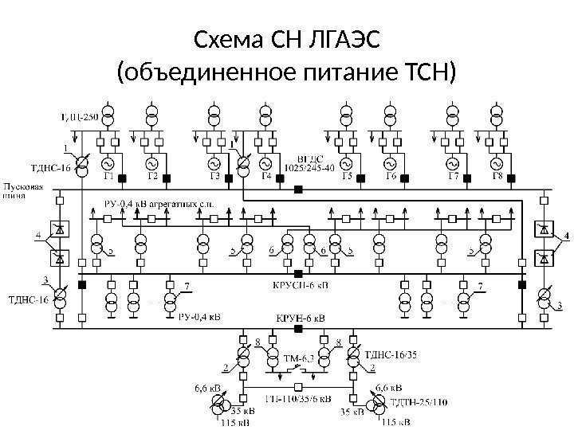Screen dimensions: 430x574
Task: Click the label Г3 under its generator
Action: click(x=214, y=176)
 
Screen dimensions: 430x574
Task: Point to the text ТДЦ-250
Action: click(x=80, y=118)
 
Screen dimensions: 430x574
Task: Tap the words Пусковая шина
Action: click(x=23, y=192)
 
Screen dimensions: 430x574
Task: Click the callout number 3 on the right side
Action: click(x=560, y=306)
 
